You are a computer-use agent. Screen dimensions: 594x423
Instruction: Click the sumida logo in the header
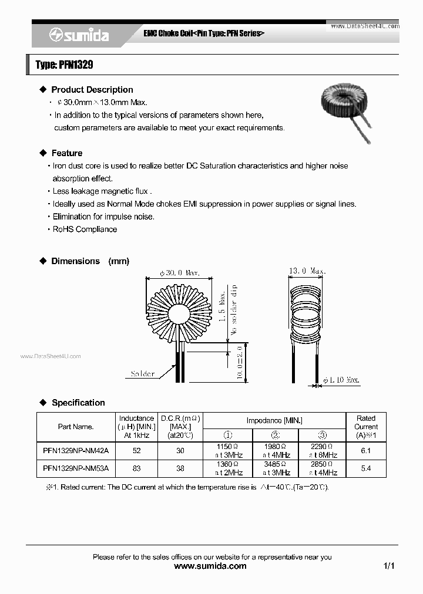[79, 35]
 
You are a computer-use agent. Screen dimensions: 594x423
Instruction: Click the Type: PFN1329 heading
[65, 65]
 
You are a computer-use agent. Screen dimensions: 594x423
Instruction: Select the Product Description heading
[92, 90]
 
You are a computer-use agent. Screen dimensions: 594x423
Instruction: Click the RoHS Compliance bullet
[85, 230]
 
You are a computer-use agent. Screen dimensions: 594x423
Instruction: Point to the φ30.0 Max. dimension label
[180, 273]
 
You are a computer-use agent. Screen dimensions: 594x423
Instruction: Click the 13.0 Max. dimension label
[307, 271]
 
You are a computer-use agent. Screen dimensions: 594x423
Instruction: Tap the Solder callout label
[143, 374]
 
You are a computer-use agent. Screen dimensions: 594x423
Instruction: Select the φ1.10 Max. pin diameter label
[341, 380]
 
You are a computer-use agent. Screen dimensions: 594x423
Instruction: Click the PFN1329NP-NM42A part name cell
[76, 451]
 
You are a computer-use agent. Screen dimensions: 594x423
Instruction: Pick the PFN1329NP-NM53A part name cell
[76, 468]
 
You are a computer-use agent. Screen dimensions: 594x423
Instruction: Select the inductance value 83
[136, 468]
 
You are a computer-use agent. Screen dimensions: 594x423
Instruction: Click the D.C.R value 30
[180, 451]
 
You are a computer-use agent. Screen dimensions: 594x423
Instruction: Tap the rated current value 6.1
[365, 451]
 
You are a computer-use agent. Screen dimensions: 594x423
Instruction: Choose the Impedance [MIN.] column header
[274, 421]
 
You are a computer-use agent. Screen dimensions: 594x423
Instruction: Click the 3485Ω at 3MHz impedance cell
[276, 468]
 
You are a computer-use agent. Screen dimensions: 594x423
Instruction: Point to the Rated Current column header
[365, 426]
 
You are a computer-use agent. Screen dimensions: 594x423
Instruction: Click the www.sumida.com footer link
[211, 566]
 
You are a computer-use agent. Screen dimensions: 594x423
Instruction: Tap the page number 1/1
[388, 566]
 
